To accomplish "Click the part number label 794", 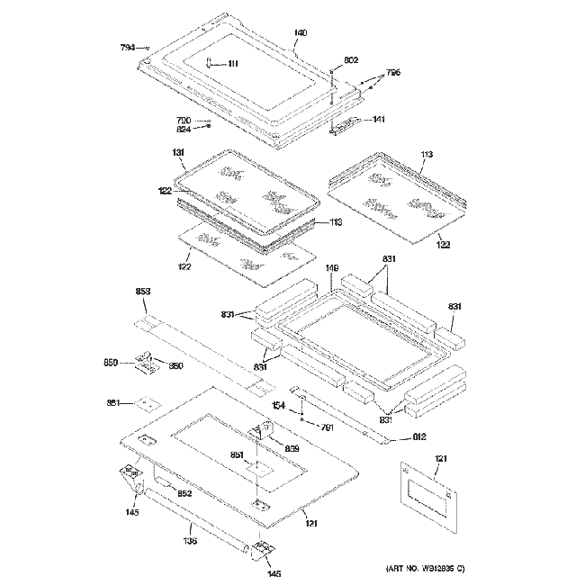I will click(x=128, y=47).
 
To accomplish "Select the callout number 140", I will click(x=301, y=33).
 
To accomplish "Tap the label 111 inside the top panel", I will click(x=233, y=63).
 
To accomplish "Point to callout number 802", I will click(x=351, y=59).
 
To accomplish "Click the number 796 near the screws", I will click(x=393, y=72).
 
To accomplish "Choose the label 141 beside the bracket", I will click(x=379, y=120).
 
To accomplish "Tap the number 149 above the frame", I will click(x=332, y=267).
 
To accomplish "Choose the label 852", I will click(x=184, y=494).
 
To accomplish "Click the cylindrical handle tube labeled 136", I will click(x=198, y=526).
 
